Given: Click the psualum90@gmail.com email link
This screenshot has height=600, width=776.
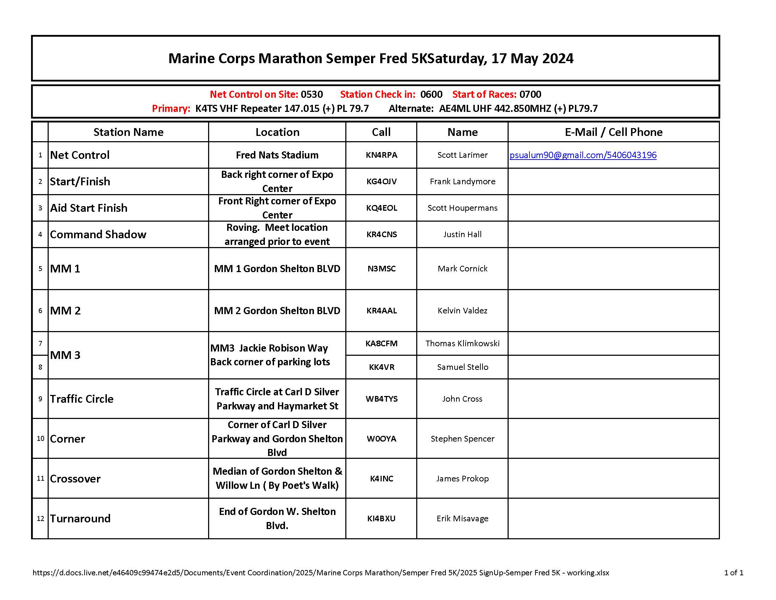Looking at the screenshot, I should [583, 155].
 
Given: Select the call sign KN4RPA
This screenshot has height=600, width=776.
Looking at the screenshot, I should [381, 155].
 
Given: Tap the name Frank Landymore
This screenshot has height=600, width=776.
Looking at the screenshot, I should [462, 181].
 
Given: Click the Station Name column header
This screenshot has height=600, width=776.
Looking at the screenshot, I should [128, 132].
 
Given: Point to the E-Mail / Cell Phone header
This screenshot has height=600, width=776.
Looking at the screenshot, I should [613, 132].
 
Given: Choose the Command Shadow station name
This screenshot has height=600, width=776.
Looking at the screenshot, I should [98, 234].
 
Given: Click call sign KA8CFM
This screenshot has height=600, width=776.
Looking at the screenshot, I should [381, 343].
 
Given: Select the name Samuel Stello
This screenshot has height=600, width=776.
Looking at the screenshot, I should [462, 367].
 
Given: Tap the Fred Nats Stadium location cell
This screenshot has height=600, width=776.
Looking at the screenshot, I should [277, 155].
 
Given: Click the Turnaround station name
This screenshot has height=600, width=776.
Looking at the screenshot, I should [80, 518].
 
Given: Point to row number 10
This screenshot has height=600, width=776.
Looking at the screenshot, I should [41, 438].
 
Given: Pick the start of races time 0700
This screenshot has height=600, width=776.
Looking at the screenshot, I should [530, 94].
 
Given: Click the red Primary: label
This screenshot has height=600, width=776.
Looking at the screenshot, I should [171, 108].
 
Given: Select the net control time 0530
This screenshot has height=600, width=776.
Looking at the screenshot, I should [311, 94].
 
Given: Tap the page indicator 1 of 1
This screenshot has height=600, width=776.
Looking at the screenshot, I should [733, 572].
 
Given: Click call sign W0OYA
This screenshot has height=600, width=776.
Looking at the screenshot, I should [381, 439].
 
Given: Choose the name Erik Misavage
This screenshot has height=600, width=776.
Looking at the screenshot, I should [462, 518].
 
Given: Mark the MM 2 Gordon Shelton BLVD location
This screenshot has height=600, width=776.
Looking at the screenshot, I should [277, 311].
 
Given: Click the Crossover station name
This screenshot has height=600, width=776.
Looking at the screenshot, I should [75, 479].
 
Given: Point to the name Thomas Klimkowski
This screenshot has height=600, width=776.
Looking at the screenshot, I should [462, 343].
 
